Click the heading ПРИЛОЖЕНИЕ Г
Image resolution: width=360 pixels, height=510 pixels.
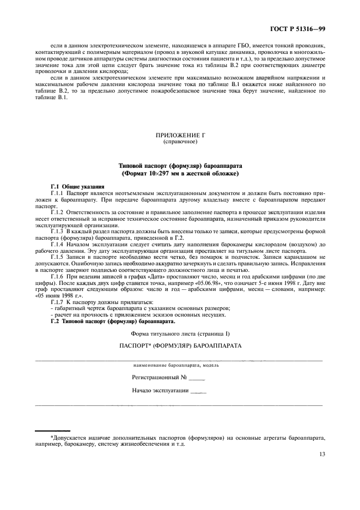tap(179, 135)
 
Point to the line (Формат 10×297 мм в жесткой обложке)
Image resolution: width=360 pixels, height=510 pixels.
tap(179, 173)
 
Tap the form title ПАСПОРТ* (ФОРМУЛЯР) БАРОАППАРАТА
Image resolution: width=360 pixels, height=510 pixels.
tap(179, 347)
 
